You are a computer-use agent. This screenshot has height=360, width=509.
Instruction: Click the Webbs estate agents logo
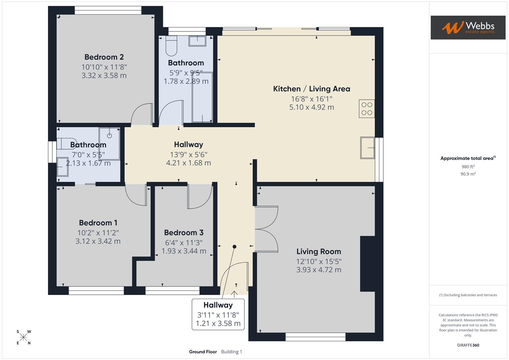468,28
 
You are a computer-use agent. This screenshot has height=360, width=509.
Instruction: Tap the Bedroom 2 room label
104,57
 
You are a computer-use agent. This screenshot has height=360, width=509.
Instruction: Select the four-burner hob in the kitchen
367,109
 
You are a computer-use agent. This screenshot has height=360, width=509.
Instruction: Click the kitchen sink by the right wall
367,148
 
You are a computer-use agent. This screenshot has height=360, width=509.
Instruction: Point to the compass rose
23,337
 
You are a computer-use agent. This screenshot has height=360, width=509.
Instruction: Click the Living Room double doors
267,229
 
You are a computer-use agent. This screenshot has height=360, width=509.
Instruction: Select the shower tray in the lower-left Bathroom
109,144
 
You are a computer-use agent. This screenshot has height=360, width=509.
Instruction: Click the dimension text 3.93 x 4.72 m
319,270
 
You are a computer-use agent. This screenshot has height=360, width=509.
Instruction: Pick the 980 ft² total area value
468,167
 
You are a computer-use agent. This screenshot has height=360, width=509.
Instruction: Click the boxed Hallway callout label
218,314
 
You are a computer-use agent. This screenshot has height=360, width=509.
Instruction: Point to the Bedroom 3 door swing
199,196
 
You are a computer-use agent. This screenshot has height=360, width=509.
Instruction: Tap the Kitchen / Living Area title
311,89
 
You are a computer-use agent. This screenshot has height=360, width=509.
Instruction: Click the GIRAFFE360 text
468,345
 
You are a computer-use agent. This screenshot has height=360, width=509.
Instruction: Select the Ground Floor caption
203,352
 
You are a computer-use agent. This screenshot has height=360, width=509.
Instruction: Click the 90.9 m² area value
468,174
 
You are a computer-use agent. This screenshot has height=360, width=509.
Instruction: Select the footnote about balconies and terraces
468,295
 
